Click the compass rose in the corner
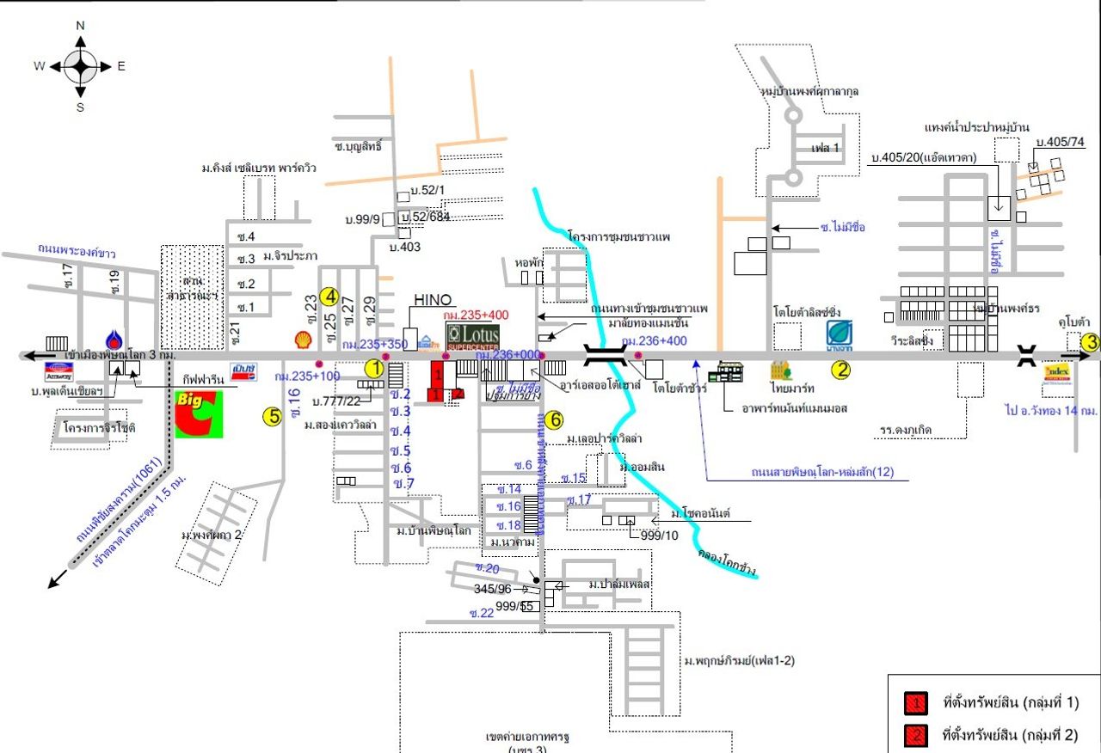[80, 66]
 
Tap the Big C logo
[199, 413]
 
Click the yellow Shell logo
[303, 340]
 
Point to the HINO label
[433, 300]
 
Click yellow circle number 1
[373, 368]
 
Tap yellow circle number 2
[840, 370]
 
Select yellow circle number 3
[1091, 341]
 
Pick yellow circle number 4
[329, 297]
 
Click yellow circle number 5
[272, 417]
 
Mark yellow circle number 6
[556, 420]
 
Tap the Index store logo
[1057, 372]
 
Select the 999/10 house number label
[660, 536]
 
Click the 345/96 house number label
[493, 590]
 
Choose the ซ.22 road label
[482, 613]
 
